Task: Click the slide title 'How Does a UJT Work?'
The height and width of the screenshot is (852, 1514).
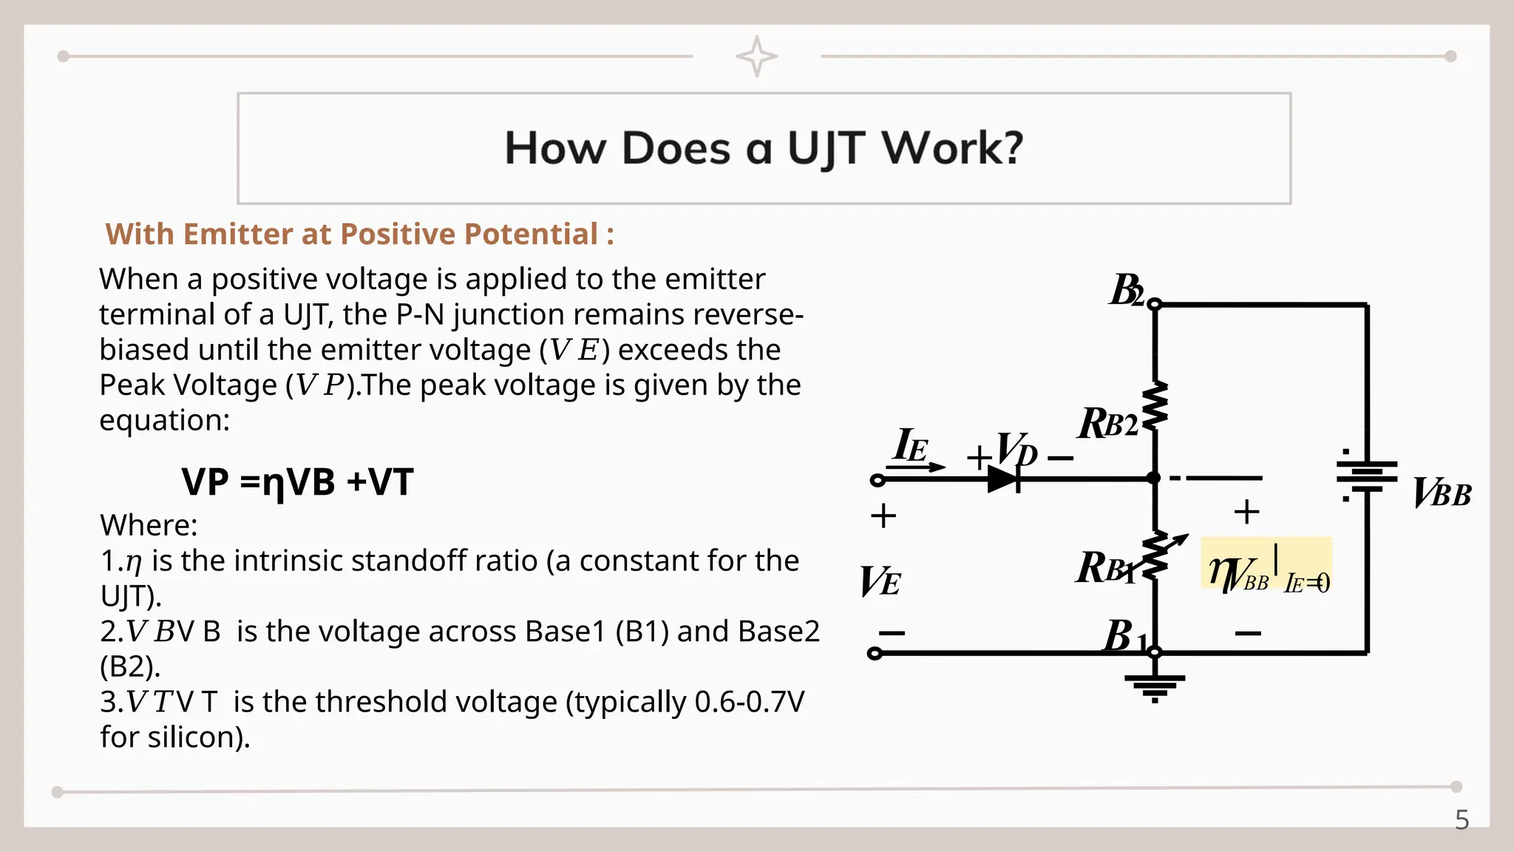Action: (x=764, y=148)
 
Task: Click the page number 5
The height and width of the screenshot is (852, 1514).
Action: (x=1462, y=820)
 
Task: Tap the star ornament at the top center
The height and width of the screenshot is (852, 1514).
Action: (x=756, y=56)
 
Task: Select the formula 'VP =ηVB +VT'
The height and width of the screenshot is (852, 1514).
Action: (x=297, y=482)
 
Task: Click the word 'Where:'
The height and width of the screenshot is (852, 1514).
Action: (x=149, y=526)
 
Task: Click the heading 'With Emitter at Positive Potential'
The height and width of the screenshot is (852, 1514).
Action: (x=359, y=234)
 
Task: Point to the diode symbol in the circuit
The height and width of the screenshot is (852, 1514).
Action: (x=1004, y=479)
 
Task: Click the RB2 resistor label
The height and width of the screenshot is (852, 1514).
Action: (x=1107, y=424)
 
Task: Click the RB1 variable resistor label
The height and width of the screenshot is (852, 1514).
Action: (x=1104, y=568)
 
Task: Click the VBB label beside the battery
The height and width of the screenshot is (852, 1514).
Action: (x=1442, y=493)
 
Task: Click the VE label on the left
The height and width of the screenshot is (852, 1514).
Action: (x=880, y=581)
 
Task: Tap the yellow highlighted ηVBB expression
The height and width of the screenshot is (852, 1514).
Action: (x=1266, y=573)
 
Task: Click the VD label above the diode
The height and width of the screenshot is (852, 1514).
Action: (x=1016, y=450)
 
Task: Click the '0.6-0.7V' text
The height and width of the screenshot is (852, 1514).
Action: (x=750, y=702)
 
